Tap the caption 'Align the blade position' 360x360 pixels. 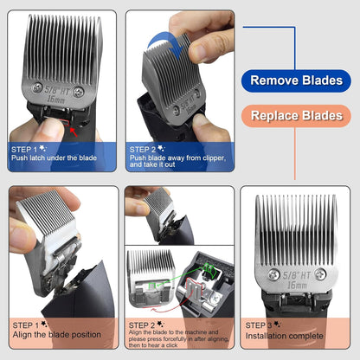tap(54, 336)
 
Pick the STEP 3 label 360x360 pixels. tap(263, 325)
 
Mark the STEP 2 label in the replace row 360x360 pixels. tap(144, 325)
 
